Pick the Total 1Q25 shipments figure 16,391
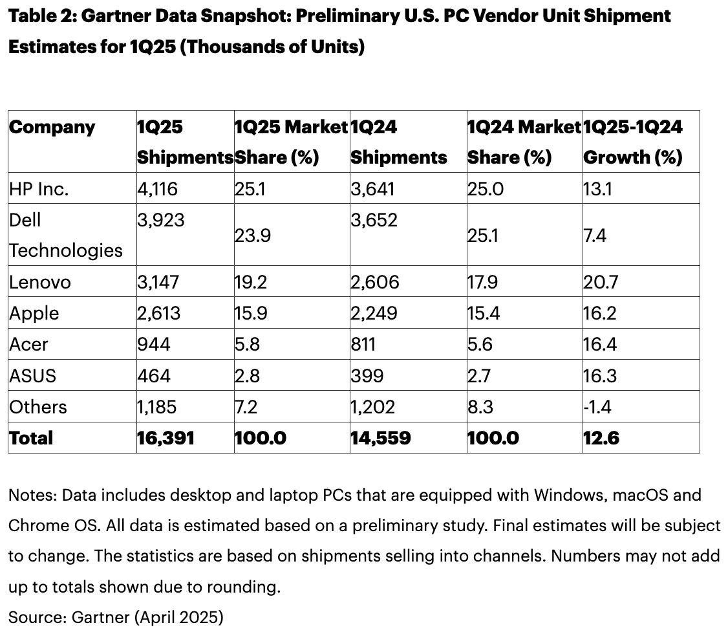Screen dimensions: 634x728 166,438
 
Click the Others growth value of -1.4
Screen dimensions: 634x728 597,407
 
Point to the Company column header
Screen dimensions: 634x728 52,127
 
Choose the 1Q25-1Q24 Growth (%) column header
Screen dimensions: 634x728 632,142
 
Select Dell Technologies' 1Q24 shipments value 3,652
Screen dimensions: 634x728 374,220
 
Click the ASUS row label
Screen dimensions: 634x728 32,376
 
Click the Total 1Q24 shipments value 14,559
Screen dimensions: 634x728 381,438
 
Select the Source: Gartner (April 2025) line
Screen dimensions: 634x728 116,617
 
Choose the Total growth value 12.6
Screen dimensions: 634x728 601,438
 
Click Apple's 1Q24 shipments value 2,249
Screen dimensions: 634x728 374,313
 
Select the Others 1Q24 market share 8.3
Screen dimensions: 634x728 480,407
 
